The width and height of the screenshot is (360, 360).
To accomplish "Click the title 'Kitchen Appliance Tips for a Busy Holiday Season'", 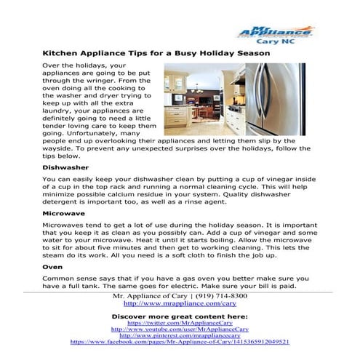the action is point(156,54).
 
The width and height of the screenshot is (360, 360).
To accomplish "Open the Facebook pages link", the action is point(180,341).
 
